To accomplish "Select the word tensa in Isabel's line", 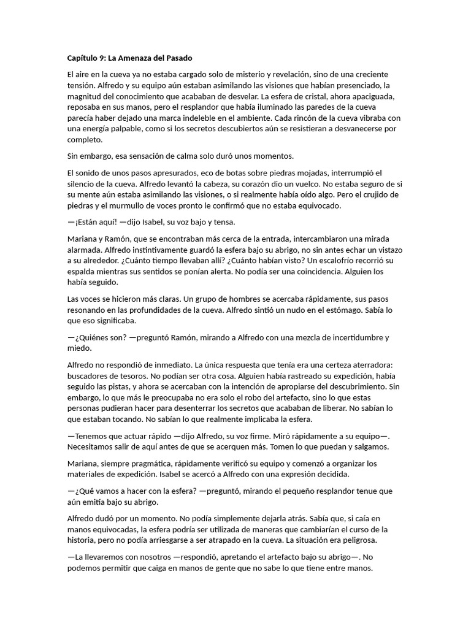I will pyautogui.click(x=223, y=222).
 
